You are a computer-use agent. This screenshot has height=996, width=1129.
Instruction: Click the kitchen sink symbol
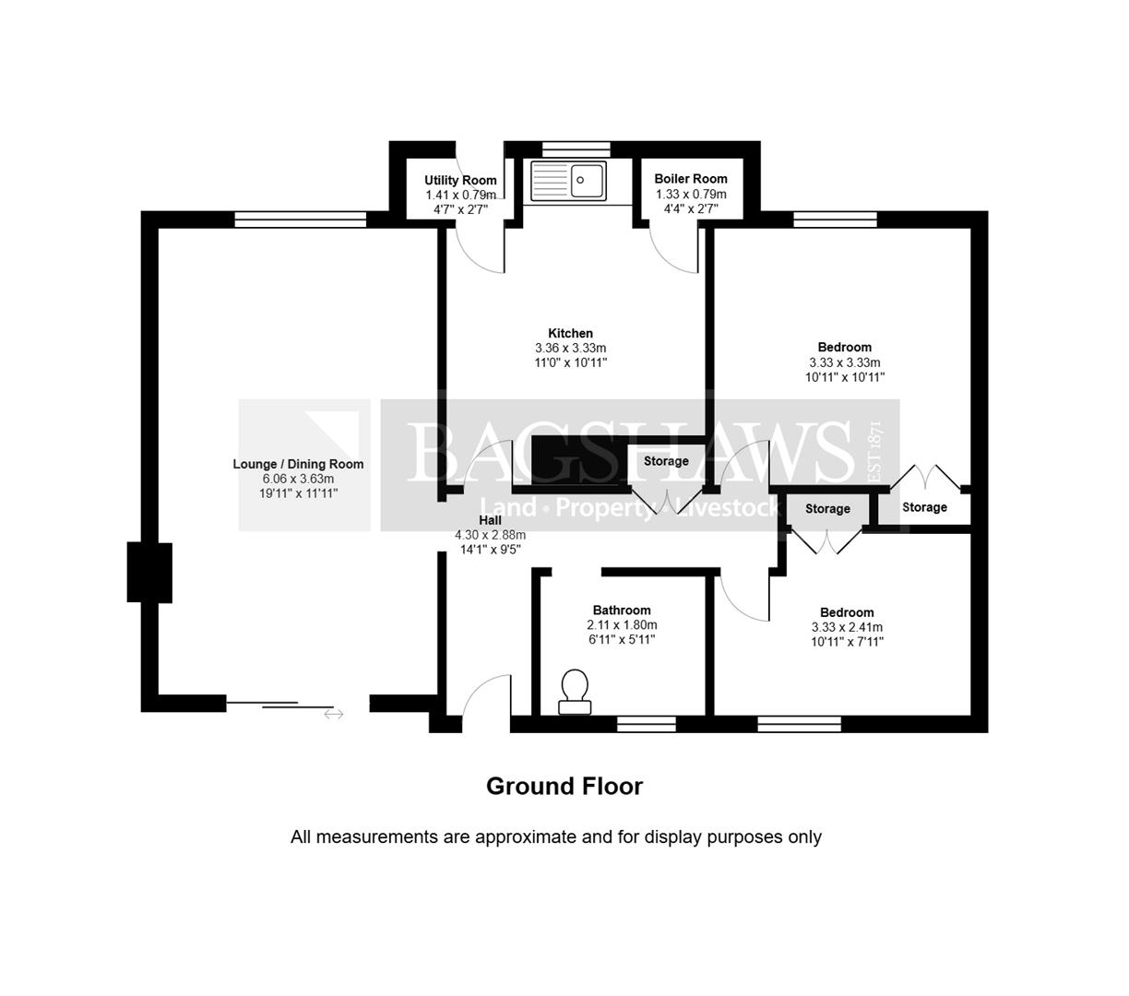pyautogui.click(x=568, y=181)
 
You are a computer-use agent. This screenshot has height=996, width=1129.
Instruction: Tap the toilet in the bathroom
pyautogui.click(x=574, y=691)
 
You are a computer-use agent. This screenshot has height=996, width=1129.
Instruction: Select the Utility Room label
pyautogui.click(x=460, y=180)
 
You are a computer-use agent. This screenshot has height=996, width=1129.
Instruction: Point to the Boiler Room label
pyautogui.click(x=691, y=179)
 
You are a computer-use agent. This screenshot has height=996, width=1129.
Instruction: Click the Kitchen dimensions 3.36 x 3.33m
pyautogui.click(x=571, y=349)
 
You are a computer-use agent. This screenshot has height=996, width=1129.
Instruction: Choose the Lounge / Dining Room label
pyautogui.click(x=298, y=464)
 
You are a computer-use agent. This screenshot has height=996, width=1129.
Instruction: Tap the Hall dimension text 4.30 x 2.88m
pyautogui.click(x=491, y=535)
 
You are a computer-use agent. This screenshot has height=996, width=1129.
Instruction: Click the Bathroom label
pyautogui.click(x=622, y=611)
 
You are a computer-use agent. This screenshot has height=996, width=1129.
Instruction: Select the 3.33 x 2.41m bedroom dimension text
pyautogui.click(x=847, y=627)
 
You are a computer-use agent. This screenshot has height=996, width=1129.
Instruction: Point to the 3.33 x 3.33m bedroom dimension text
pyautogui.click(x=845, y=362)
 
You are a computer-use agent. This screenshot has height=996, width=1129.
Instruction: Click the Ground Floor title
pyautogui.click(x=564, y=787)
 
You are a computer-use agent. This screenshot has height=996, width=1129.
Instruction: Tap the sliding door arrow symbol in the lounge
pyautogui.click(x=334, y=714)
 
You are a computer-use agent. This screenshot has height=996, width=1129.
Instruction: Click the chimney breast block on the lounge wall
pyautogui.click(x=149, y=573)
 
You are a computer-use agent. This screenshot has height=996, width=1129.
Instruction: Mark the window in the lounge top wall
pyautogui.click(x=301, y=219)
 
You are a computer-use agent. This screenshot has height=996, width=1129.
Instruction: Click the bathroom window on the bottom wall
pyautogui.click(x=646, y=724)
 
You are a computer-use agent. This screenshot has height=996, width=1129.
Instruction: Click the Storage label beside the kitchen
pyautogui.click(x=666, y=461)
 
